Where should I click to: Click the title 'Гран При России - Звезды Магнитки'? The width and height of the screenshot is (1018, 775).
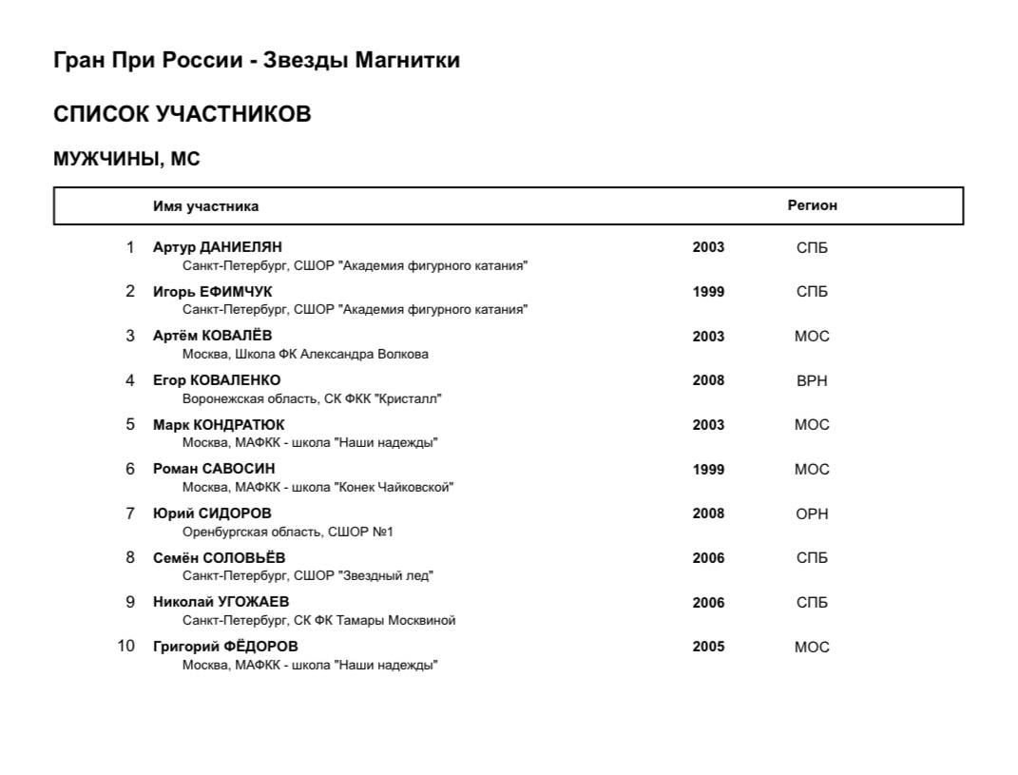click(x=257, y=61)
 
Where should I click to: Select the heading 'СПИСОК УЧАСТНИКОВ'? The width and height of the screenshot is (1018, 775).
click(x=182, y=115)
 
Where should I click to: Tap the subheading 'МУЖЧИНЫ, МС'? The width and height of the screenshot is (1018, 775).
click(x=126, y=160)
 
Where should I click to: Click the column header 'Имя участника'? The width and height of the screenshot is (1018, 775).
click(x=205, y=206)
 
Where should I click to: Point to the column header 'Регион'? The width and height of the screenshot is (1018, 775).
click(x=812, y=205)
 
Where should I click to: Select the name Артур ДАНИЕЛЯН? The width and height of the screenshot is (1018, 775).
click(x=218, y=247)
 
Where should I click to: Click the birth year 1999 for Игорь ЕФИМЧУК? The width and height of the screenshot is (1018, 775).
click(x=708, y=292)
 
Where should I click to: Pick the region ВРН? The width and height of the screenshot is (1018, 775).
click(x=812, y=380)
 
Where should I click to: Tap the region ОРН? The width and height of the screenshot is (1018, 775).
click(x=812, y=513)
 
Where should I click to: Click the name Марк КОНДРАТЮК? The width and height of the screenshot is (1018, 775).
click(x=219, y=425)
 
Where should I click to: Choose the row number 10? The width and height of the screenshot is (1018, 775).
click(x=126, y=647)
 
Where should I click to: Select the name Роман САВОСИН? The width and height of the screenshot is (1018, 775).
click(x=214, y=469)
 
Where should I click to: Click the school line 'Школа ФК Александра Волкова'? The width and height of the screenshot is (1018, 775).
click(x=305, y=355)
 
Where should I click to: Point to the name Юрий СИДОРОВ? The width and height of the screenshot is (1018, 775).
click(x=212, y=513)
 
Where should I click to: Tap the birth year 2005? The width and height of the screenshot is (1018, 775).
click(x=708, y=647)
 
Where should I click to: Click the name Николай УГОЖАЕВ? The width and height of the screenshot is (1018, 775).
click(x=221, y=602)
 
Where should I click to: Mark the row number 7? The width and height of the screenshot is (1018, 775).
click(x=130, y=513)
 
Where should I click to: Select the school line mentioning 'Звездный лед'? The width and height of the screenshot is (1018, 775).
click(x=308, y=576)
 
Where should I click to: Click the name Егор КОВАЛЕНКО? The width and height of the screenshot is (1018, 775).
click(x=217, y=380)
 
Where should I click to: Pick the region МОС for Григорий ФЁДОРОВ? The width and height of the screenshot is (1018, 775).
click(x=812, y=647)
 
